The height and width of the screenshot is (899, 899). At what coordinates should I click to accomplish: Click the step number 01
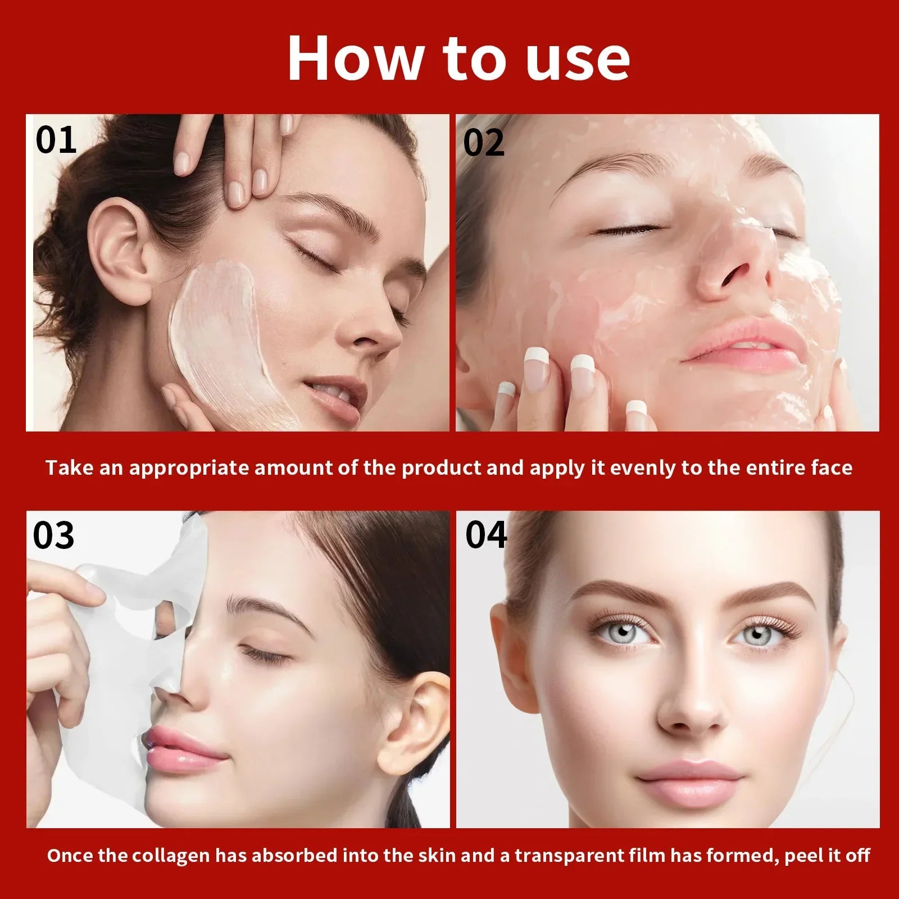pos(56,140)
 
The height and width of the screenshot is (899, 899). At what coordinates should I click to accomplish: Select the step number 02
pos(484,143)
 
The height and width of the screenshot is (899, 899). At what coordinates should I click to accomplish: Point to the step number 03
pos(53,535)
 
